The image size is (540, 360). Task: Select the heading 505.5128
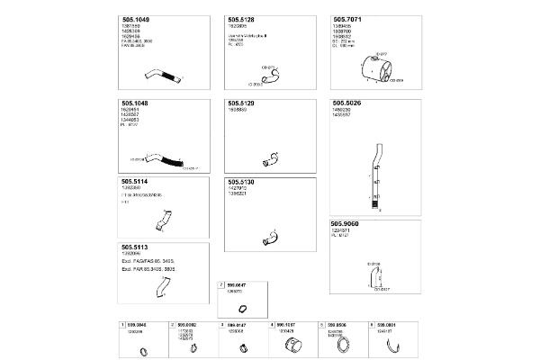pos(241,19)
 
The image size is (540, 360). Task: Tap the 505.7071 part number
pos(347,19)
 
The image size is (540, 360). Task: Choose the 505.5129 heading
pos(241,103)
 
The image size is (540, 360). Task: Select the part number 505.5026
pos(347,103)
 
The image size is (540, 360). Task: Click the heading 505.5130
pos(241,182)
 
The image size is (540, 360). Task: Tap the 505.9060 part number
pos(347,223)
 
